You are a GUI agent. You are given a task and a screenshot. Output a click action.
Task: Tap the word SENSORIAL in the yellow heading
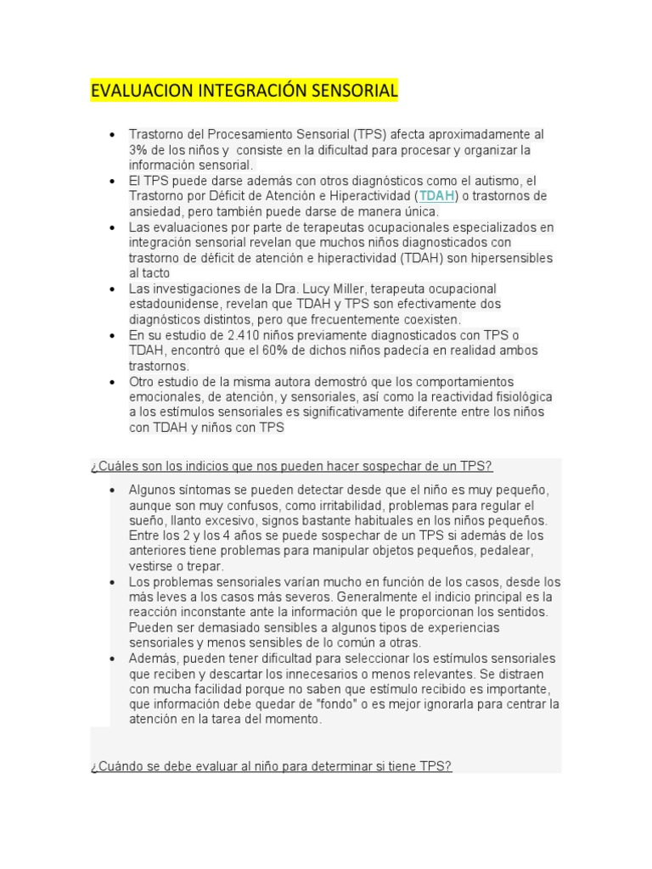click(x=355, y=91)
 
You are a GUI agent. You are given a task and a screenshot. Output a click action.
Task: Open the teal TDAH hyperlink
click(x=437, y=196)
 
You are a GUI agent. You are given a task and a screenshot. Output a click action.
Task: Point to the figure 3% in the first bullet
click(x=138, y=150)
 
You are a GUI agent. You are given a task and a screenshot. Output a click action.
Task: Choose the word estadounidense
click(x=173, y=304)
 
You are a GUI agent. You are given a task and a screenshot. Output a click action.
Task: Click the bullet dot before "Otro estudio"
click(x=112, y=382)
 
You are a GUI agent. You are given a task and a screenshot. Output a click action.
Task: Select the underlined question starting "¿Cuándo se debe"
click(x=271, y=765)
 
